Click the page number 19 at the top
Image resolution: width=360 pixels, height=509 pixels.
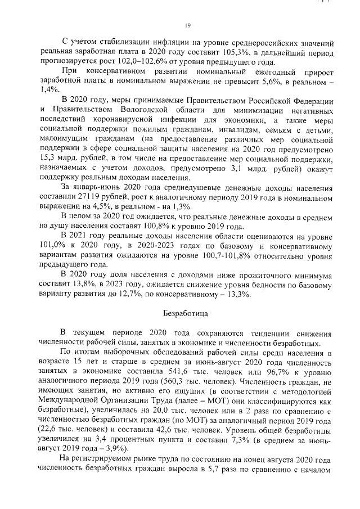(188, 25)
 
